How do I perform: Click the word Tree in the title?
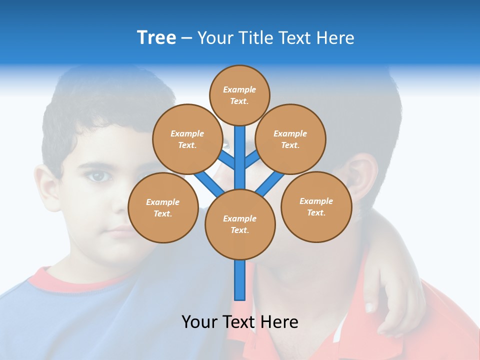point(156,37)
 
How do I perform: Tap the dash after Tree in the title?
point(186,38)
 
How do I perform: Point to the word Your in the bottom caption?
point(199,321)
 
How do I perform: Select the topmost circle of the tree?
point(239,95)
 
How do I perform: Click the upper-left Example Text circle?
point(187,139)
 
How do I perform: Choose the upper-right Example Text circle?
point(290,139)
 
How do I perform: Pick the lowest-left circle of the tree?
point(163,207)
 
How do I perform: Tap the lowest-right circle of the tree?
point(316,206)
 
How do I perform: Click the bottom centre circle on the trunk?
point(240,224)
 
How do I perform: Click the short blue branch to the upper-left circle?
point(226,160)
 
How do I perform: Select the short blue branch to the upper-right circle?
point(252,159)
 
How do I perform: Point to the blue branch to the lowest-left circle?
point(209,183)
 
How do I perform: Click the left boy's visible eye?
point(99,176)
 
